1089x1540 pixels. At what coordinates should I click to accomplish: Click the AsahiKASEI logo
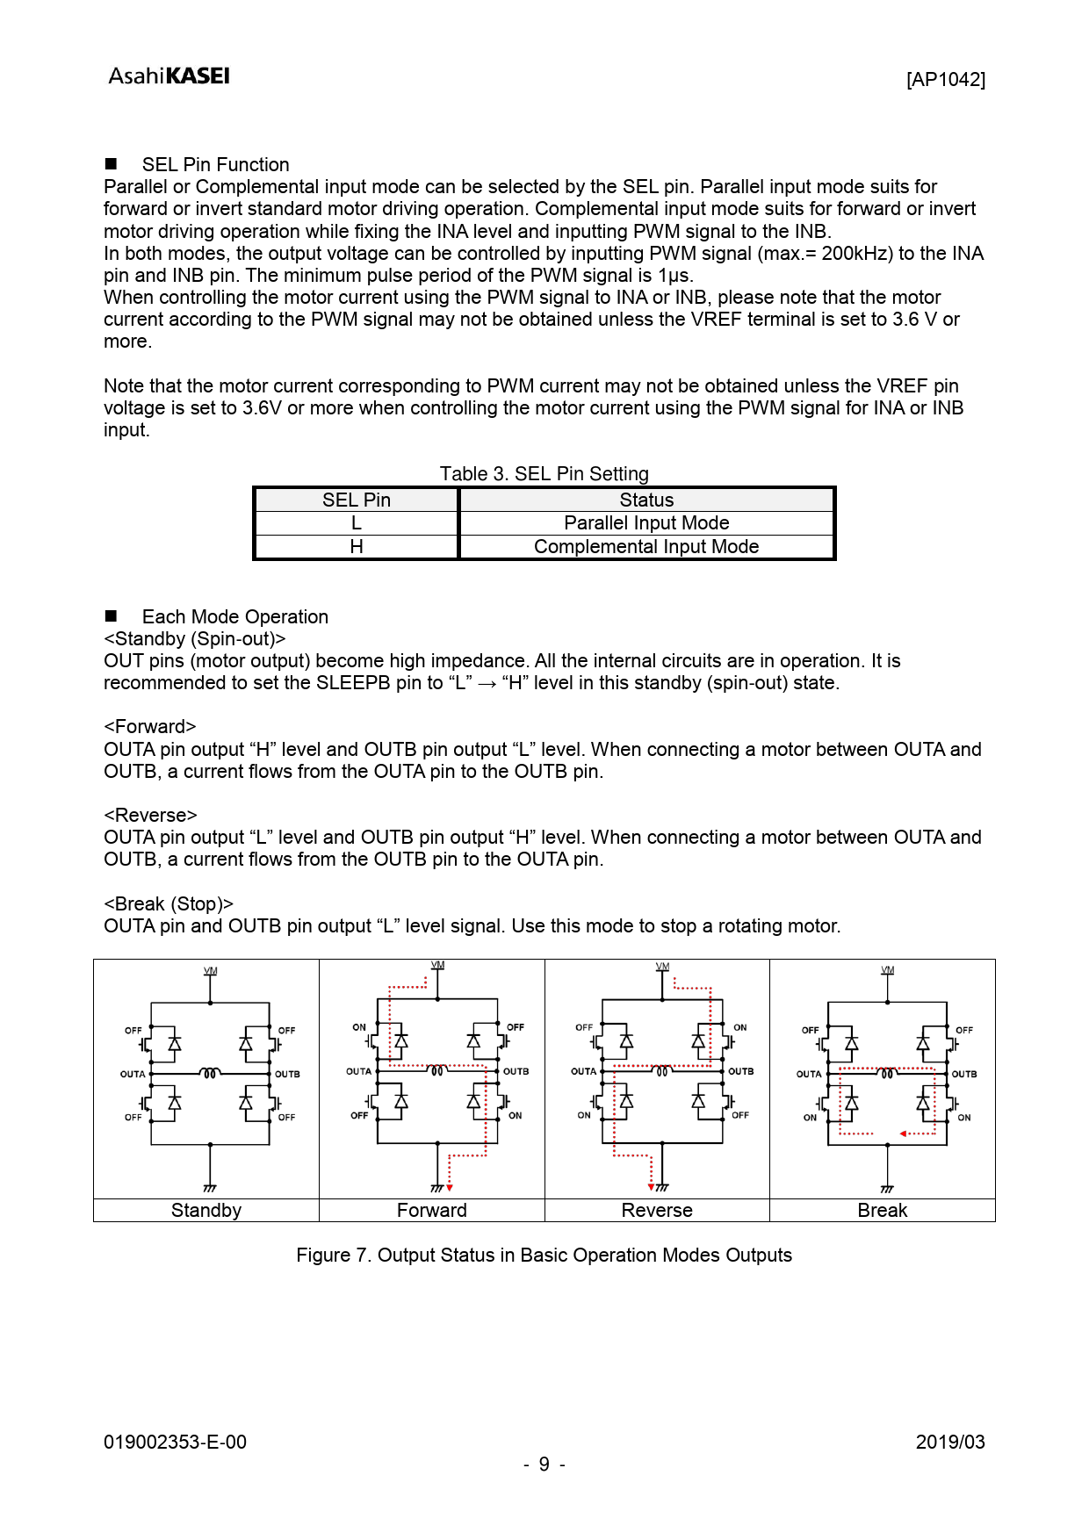pos(169,76)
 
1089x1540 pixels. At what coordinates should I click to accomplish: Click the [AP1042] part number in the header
pos(945,80)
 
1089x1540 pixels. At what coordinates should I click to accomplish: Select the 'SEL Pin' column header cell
pos(356,500)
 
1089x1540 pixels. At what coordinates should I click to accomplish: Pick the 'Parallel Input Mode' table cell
pos(646,523)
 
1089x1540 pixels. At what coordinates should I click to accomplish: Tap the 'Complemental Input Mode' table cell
pos(646,547)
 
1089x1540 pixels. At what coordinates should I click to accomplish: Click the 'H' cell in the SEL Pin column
pos(356,547)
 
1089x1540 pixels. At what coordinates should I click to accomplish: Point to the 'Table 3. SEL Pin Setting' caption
pos(544,474)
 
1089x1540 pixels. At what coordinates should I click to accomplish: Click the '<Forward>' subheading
pos(149,727)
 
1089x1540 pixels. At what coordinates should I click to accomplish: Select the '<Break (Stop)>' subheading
pos(169,904)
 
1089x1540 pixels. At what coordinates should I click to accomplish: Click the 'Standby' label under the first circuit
pos(206,1211)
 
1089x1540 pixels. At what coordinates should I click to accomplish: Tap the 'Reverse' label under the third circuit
pos(657,1211)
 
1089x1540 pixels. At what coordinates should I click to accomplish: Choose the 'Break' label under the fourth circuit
pos(882,1211)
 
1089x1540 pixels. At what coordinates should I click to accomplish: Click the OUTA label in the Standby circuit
pos(133,1075)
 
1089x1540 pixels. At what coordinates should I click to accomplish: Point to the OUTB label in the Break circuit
pos(964,1075)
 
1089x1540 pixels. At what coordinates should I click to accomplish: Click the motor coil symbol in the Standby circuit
pos(210,1073)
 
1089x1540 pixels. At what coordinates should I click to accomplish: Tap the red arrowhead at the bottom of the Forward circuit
pos(450,1188)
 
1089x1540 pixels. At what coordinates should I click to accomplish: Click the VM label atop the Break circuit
pos(887,970)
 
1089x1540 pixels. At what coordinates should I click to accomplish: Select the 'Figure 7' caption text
pos(544,1256)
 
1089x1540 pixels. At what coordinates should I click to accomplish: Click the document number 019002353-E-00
pos(175,1443)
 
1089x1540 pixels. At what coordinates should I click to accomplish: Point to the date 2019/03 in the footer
pos(949,1443)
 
